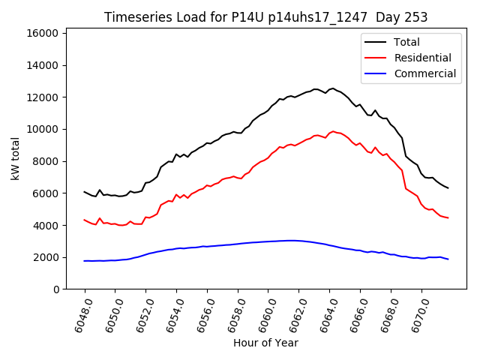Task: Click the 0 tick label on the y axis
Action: [x=57, y=289]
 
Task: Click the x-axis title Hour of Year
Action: [x=265, y=343]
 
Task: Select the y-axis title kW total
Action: [x=16, y=158]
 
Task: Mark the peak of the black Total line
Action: [x=332, y=88]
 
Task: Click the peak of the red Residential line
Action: [x=332, y=131]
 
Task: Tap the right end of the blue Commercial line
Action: [x=448, y=259]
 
